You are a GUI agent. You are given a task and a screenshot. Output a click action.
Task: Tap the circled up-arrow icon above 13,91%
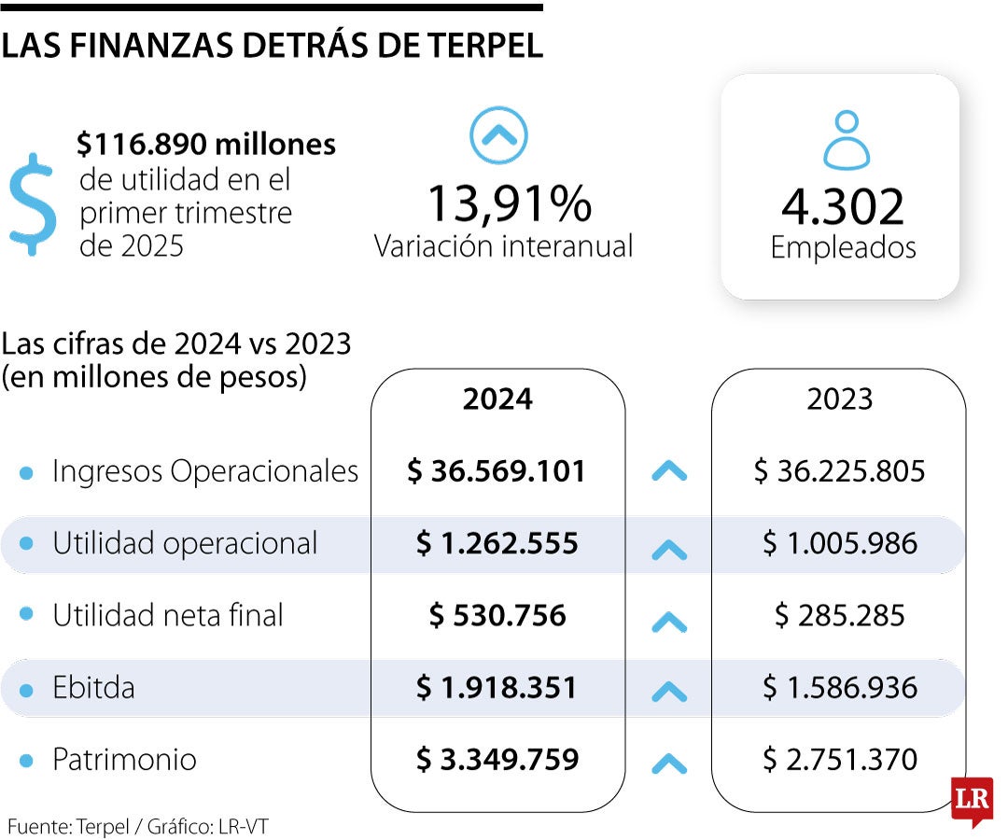point(498,136)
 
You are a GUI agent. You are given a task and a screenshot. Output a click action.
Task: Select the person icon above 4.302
point(846,140)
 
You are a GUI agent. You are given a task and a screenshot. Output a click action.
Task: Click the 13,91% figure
point(509,203)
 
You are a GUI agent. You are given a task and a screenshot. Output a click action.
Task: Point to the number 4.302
point(843,207)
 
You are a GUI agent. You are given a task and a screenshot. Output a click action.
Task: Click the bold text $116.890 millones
point(206,144)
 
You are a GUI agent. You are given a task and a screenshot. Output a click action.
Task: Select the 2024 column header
point(497,399)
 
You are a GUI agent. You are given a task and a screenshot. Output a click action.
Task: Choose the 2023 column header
point(839,399)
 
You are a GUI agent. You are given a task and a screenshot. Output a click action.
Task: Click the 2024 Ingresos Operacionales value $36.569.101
point(497,471)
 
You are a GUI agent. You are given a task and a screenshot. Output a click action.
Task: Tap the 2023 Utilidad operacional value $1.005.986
point(839,543)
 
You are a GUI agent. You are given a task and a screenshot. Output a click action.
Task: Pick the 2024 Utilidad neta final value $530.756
point(497,615)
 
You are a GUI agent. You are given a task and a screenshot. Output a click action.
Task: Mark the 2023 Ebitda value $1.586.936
point(839,688)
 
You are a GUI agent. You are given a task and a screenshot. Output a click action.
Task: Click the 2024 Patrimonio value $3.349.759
point(497,760)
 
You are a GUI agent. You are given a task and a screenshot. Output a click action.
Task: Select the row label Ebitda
point(93,688)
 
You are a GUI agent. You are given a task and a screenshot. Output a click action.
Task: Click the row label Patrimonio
point(124,760)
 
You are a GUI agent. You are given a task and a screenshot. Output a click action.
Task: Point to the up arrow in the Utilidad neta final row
point(668,621)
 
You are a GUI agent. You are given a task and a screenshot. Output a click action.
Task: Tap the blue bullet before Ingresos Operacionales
point(27,472)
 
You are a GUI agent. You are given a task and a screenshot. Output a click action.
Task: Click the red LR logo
point(971,799)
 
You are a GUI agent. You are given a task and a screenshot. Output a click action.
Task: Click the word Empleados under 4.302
point(843,247)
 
